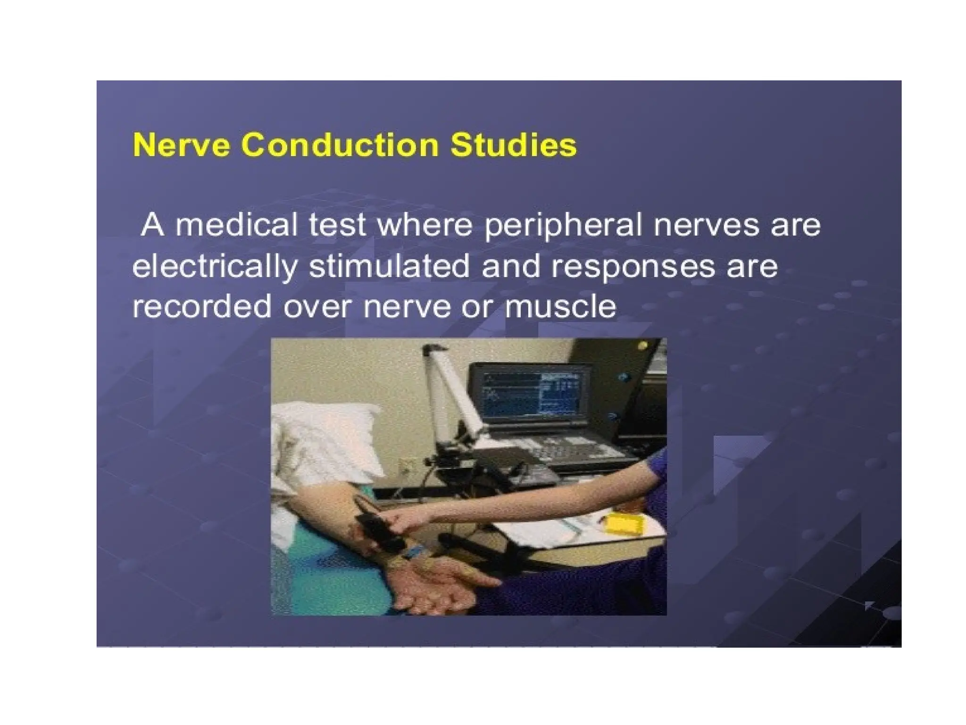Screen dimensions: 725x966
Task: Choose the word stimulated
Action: click(389, 267)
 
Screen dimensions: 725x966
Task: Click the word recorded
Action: click(202, 307)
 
